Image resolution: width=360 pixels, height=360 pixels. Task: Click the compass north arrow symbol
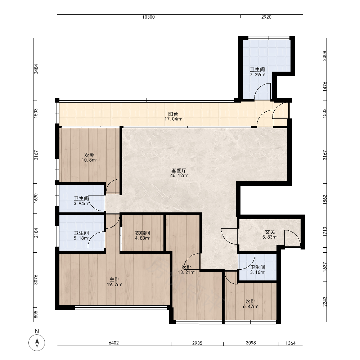point(37,343)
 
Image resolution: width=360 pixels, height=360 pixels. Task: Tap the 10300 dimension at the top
point(148,17)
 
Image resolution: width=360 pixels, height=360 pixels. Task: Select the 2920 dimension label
point(266,17)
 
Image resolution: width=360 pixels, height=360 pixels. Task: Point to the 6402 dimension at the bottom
point(114,343)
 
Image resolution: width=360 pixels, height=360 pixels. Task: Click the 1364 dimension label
point(291,343)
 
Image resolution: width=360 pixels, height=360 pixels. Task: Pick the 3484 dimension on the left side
point(36,69)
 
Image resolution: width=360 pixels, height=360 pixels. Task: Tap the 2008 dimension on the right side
point(324,56)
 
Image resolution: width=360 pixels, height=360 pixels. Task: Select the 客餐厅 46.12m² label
point(179,173)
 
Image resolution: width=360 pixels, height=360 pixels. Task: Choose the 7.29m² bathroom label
point(257,75)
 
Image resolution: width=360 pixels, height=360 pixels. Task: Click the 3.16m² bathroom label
point(258,272)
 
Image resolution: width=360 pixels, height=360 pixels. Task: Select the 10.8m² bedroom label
point(89,160)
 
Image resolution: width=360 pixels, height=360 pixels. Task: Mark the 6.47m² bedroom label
point(251,306)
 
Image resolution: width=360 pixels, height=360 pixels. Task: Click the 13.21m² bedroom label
point(186,272)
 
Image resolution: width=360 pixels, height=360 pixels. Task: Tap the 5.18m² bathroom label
point(81,238)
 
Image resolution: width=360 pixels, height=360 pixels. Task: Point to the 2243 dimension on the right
point(325,301)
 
